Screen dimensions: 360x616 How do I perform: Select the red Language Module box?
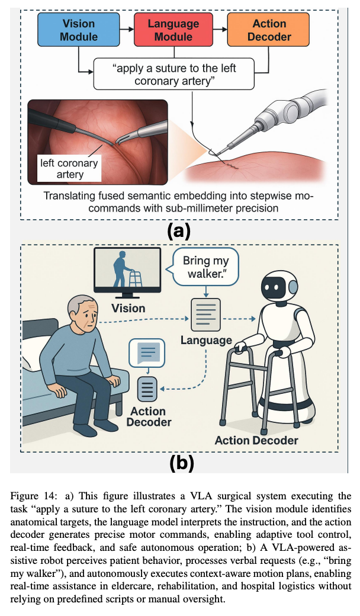[x=174, y=29]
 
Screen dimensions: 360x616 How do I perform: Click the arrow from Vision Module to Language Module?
[x=126, y=29]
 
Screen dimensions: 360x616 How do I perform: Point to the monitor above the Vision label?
[x=128, y=271]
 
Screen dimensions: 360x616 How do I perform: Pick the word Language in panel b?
[x=207, y=340]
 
